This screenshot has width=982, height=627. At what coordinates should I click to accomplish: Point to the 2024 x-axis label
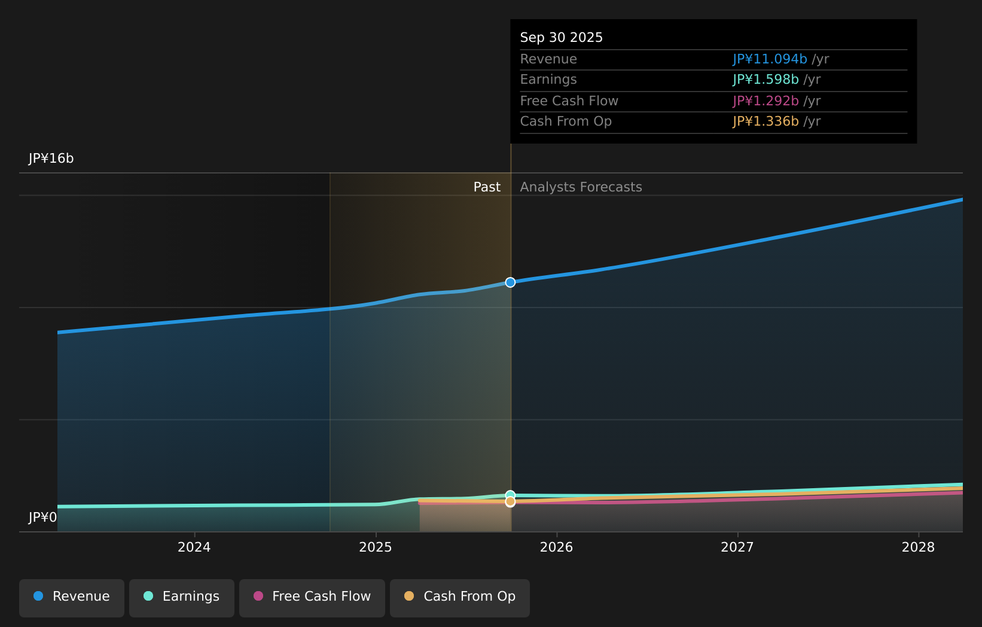(x=194, y=547)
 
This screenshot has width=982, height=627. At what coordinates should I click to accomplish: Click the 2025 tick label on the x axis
(x=376, y=547)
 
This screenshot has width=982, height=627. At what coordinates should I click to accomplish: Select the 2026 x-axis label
(x=556, y=547)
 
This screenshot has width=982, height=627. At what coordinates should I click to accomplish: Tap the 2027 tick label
(x=737, y=547)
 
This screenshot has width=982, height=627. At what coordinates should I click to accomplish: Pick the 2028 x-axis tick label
(x=918, y=547)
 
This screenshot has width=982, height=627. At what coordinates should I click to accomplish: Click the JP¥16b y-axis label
(x=51, y=159)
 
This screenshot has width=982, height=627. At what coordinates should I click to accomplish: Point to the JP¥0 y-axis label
(x=42, y=518)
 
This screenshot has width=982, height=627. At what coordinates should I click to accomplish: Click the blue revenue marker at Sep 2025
(x=510, y=282)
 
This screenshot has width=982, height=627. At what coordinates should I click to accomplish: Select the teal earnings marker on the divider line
(x=510, y=495)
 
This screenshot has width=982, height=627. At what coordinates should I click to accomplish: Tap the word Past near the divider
(x=487, y=187)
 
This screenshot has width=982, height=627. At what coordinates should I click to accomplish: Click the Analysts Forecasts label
(x=581, y=187)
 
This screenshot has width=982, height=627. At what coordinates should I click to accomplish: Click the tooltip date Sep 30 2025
(x=561, y=38)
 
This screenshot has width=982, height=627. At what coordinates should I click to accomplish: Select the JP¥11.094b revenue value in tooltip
(x=770, y=59)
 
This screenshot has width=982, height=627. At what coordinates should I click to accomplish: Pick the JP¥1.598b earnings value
(x=766, y=80)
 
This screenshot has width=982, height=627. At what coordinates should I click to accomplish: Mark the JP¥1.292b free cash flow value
(x=766, y=101)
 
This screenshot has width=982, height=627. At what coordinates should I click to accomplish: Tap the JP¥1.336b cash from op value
(x=766, y=121)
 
